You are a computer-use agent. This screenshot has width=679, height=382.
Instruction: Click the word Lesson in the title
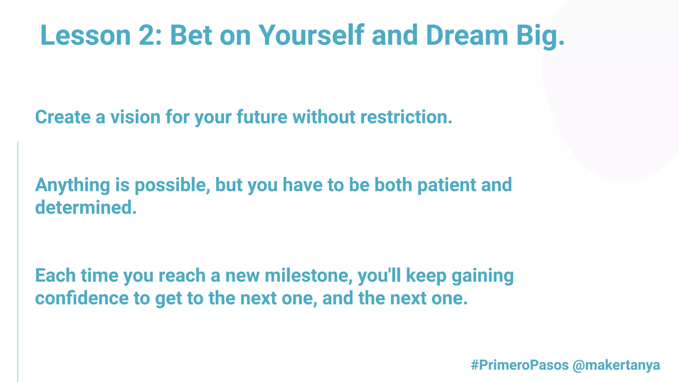pos(86,35)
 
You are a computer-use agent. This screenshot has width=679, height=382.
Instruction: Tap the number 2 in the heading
pos(149,35)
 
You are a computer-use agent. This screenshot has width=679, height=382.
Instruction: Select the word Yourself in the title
pos(311,35)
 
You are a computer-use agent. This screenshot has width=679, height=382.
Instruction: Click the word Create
pos(63,117)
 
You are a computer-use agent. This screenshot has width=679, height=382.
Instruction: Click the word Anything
pos(72,185)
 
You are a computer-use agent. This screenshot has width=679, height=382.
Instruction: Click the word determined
pos(86,208)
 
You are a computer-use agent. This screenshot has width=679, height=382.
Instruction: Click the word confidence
pos(82,298)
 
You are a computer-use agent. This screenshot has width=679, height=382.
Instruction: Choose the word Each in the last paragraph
pos(55,276)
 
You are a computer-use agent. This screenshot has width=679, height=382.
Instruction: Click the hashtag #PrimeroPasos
pos(520,365)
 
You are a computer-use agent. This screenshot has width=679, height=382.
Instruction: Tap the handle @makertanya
pos(616,365)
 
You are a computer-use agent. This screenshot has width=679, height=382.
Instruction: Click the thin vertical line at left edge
pos(18,262)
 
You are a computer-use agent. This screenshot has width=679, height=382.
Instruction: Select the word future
pos(262,117)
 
